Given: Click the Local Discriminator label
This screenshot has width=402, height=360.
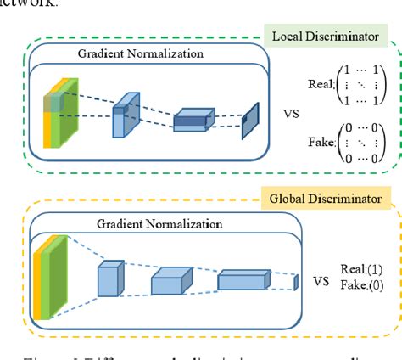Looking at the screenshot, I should pyautogui.click(x=324, y=37).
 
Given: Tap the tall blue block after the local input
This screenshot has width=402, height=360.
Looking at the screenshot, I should pyautogui.click(x=124, y=114).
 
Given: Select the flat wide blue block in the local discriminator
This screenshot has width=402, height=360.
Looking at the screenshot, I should pyautogui.click(x=195, y=121).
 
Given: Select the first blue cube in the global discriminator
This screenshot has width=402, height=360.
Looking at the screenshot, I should pyautogui.click(x=110, y=278).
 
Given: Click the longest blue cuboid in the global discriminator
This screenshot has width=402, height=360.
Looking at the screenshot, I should pyautogui.click(x=243, y=280).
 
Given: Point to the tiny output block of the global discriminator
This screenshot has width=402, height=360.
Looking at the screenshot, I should pyautogui.click(x=297, y=281).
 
